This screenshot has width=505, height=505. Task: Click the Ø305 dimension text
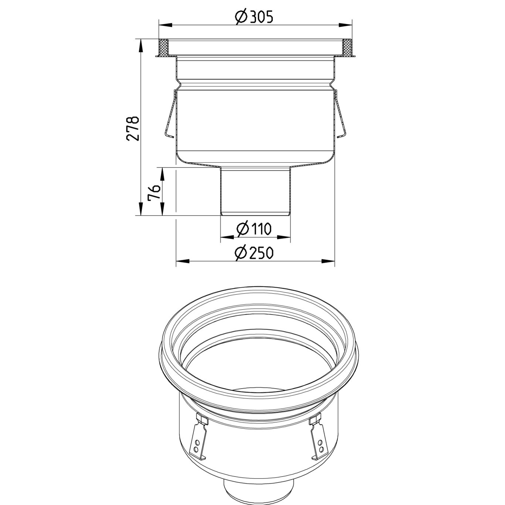tap(255, 17)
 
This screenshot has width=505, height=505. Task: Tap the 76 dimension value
tap(154, 192)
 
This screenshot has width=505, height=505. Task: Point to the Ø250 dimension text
tap(254, 253)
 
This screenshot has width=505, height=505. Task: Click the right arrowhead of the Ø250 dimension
tap(328, 261)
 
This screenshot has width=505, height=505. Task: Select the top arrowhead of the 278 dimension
tap(140, 46)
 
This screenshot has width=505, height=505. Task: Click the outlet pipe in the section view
tap(255, 190)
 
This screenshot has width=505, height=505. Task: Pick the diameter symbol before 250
tap(241, 253)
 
